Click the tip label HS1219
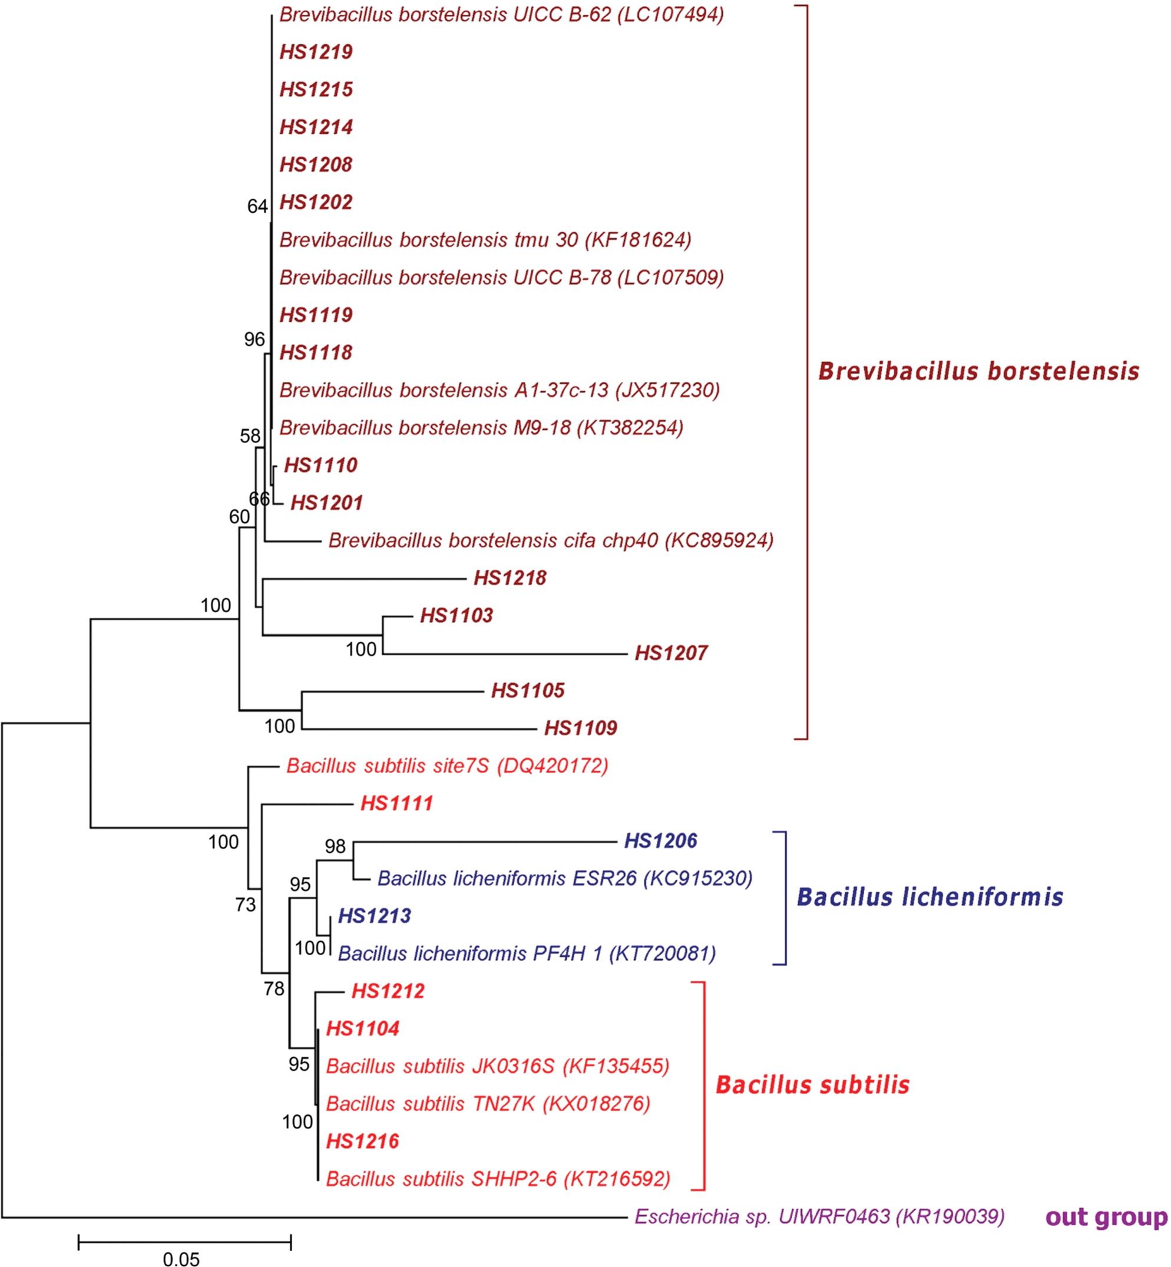coord(316,52)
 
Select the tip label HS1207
coord(671,653)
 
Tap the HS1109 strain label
coord(580,728)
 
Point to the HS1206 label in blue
coord(660,841)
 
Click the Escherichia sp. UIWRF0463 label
coord(819,1217)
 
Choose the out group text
coord(1106,1217)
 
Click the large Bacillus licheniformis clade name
coord(929,897)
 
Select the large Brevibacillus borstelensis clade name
coord(978,371)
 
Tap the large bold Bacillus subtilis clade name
coord(812,1085)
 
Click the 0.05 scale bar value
coord(181,1259)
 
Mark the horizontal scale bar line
coord(184,1242)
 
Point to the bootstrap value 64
coord(257,206)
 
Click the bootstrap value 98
coord(335,846)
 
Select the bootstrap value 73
coord(245,905)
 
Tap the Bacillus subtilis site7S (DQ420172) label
coord(447,766)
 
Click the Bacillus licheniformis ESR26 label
coord(564,879)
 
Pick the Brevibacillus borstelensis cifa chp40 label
coord(551,540)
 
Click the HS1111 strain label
coord(396,804)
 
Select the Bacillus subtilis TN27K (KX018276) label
coord(488,1104)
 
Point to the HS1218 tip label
coord(510,578)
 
